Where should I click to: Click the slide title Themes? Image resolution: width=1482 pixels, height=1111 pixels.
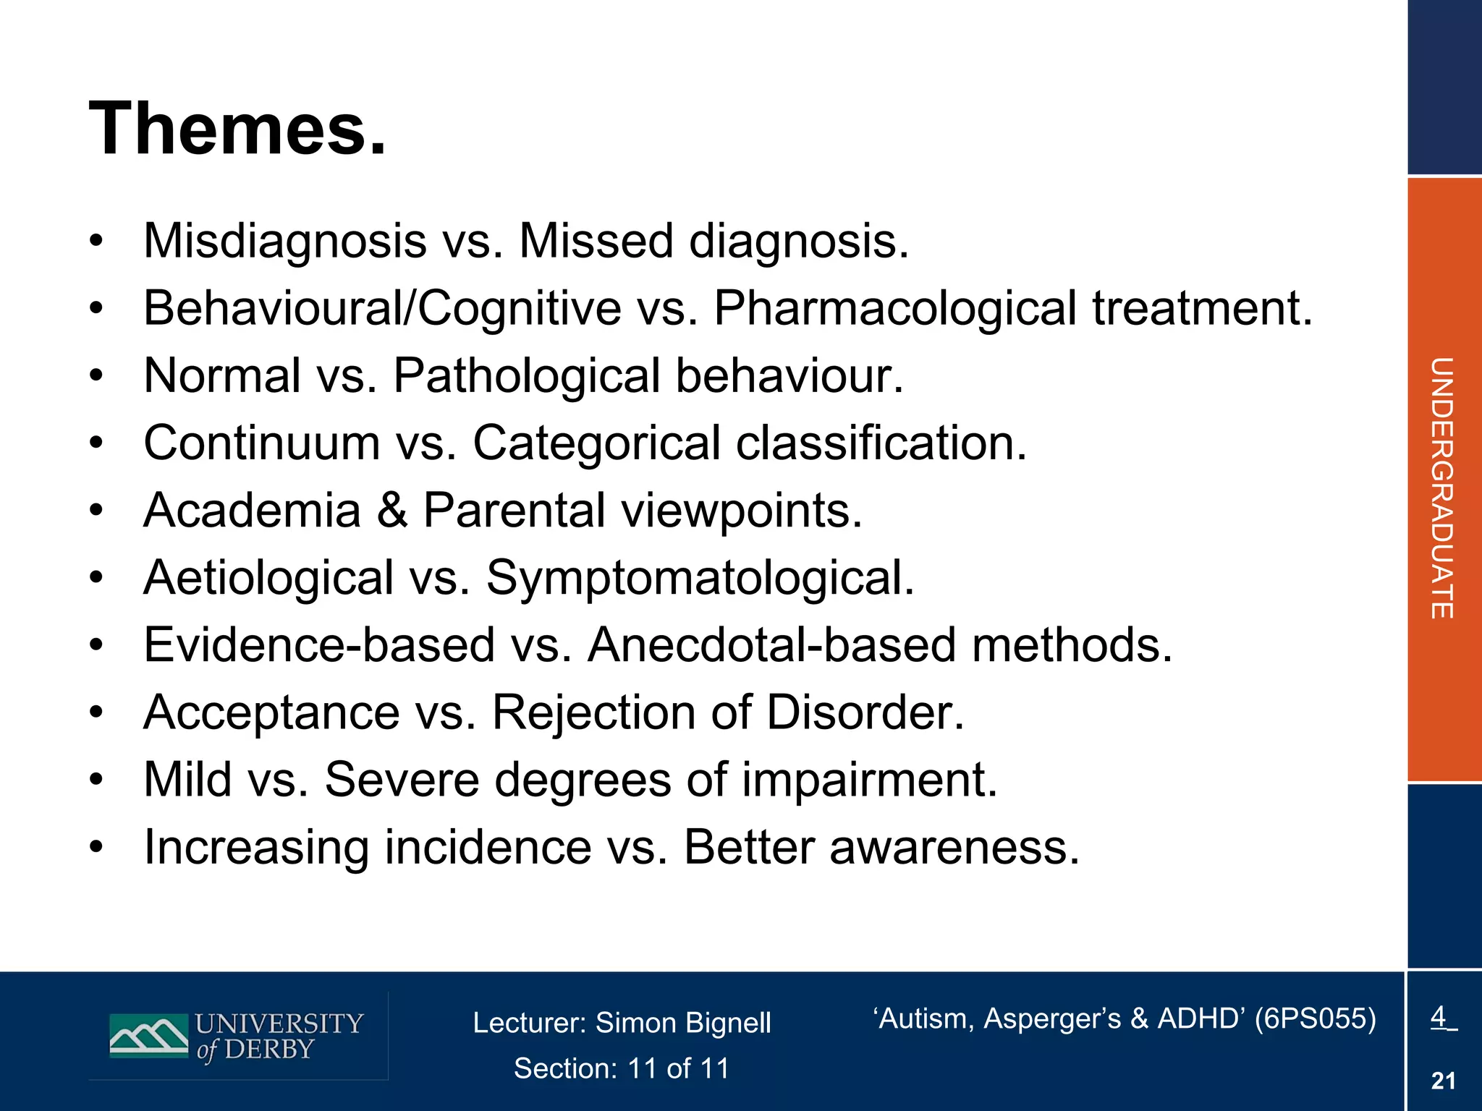coord(237,129)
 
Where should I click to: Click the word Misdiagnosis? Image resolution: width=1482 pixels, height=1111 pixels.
coord(285,241)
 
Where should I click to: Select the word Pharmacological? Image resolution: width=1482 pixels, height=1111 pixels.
coord(895,309)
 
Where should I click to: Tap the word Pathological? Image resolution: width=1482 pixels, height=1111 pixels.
coord(526,376)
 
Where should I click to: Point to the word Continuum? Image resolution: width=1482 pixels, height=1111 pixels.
coord(262,443)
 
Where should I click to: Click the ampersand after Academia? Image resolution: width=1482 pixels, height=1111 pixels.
coord(391,510)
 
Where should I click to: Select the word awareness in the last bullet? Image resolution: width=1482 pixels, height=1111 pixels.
coord(954,847)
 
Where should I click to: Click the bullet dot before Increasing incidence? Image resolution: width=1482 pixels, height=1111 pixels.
coord(97,847)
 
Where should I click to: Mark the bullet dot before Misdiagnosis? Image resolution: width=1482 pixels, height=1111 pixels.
coord(97,241)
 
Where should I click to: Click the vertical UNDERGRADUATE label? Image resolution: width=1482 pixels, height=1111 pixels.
coord(1441,488)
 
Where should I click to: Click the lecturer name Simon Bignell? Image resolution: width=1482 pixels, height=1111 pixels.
coord(682,1023)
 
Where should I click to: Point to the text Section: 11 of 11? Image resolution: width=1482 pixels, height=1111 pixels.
coord(622,1068)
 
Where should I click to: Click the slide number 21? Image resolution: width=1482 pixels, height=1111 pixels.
coord(1443,1081)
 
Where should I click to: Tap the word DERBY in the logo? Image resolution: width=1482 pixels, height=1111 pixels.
coord(270,1050)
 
